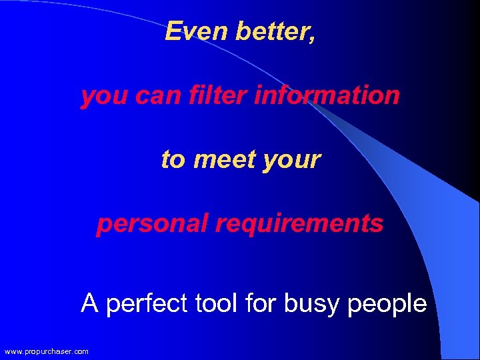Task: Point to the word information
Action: click(x=327, y=95)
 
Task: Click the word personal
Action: click(x=152, y=224)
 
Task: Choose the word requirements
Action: click(x=299, y=224)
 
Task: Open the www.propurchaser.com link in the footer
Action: click(x=47, y=351)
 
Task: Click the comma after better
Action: click(x=312, y=37)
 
